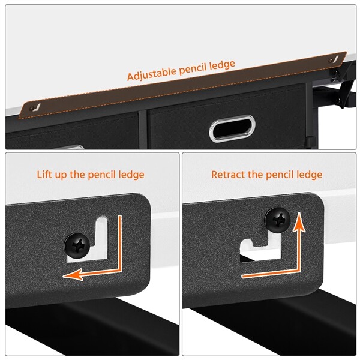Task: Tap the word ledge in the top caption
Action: [x=223, y=65]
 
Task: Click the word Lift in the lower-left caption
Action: [x=44, y=175]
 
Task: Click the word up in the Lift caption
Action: [x=61, y=176]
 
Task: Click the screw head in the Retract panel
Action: [x=278, y=220]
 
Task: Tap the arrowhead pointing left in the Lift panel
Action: [x=73, y=274]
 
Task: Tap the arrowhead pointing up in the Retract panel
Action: [x=299, y=221]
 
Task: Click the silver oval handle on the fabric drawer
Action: [x=232, y=129]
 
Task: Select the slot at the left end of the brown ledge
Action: [x=35, y=107]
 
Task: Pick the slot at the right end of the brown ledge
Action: [x=334, y=59]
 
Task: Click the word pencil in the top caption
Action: [x=193, y=69]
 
